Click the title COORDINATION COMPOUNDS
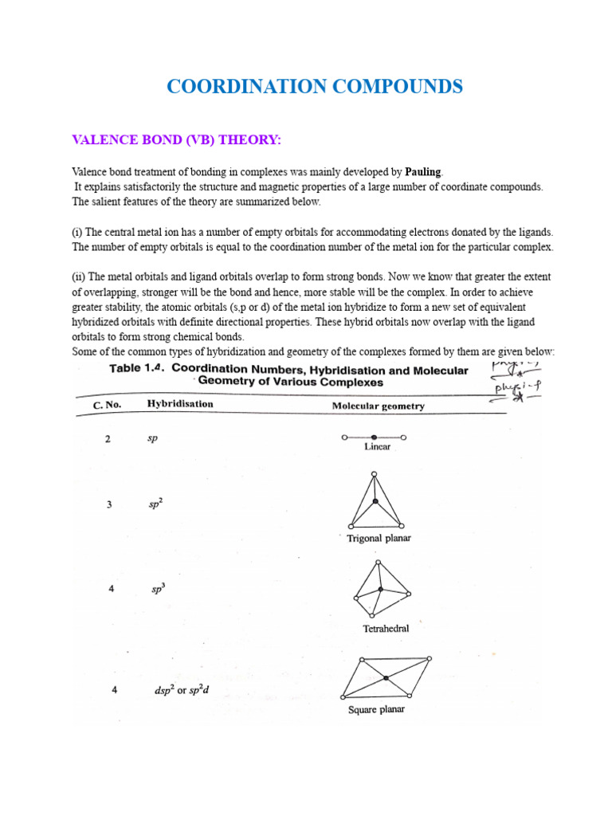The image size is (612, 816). coord(315,87)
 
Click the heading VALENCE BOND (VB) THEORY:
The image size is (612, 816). coord(176,140)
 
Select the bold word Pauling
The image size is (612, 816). coord(422,171)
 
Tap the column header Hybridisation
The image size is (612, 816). coord(180,404)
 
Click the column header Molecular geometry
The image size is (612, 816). coord(378,406)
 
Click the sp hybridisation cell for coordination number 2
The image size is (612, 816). coord(152,439)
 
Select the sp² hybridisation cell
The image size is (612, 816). coord(155,504)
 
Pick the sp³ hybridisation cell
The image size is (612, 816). coord(158,590)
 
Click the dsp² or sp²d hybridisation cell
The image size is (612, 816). coord(181,690)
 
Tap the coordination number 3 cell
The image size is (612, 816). coord(110,505)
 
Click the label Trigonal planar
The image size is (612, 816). coord(379,539)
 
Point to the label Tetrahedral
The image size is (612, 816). coord(386,629)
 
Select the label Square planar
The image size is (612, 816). coord(376,709)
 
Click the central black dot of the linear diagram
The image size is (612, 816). coord(374,437)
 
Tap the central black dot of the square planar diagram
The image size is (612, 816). coord(386,678)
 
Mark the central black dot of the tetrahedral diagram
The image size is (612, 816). coord(381,589)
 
